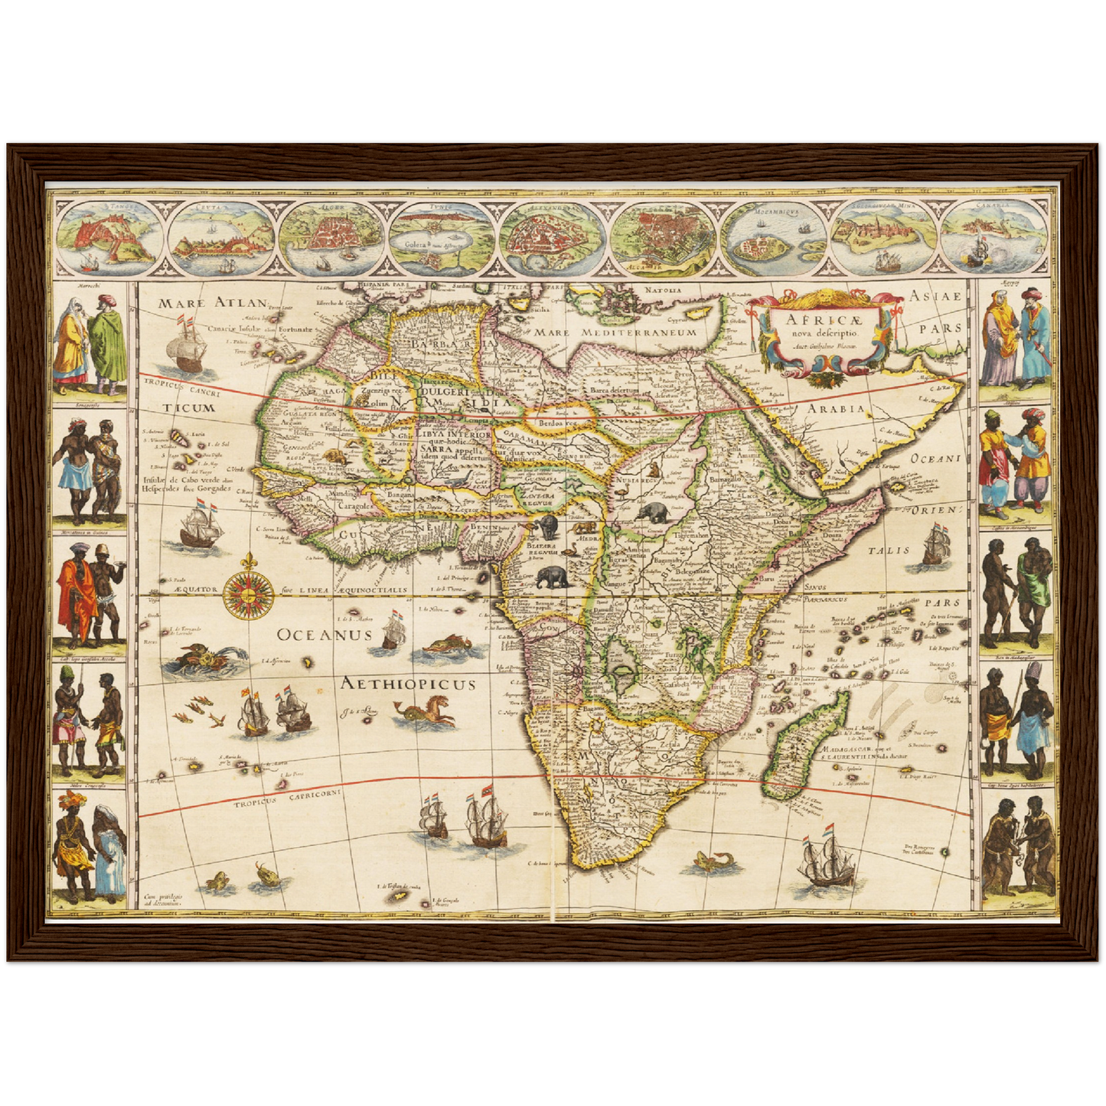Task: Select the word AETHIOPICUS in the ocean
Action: tap(409, 684)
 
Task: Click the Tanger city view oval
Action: tap(107, 237)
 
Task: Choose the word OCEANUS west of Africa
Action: tap(325, 634)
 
